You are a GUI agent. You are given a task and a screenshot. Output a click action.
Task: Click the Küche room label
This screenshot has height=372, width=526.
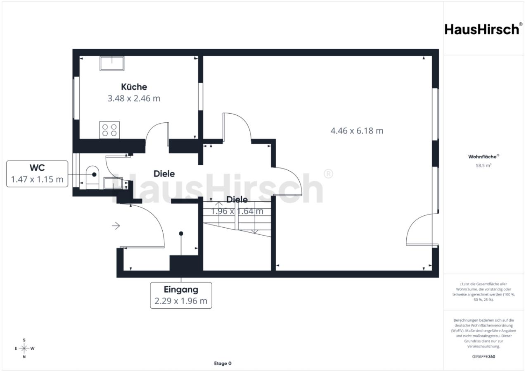(134, 87)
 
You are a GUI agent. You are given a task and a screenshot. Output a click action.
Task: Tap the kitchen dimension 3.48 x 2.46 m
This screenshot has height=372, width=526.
(134, 98)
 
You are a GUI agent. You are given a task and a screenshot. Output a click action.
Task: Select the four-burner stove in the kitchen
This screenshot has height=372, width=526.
(109, 130)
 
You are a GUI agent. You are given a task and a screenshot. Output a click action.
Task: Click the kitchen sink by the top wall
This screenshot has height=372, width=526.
(112, 64)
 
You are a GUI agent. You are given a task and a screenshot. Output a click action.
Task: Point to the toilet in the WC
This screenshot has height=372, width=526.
(92, 177)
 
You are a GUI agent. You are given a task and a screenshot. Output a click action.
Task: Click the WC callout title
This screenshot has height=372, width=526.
(37, 168)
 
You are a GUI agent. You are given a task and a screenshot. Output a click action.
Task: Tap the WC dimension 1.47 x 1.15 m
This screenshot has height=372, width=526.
(37, 179)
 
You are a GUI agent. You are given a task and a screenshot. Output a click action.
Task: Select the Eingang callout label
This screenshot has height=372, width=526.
(181, 289)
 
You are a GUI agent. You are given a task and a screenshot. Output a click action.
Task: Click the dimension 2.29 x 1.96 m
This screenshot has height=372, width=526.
(181, 301)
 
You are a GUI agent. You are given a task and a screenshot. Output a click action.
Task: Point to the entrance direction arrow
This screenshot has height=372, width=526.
(116, 226)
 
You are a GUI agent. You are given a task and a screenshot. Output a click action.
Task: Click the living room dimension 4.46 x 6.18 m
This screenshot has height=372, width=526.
(357, 131)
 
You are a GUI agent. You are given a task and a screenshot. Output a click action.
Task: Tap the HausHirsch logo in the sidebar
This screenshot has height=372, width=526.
(483, 29)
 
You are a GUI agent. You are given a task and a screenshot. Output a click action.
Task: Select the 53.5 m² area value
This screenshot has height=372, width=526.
(483, 166)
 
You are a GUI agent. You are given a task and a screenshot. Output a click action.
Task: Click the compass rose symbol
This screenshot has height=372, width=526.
(24, 348)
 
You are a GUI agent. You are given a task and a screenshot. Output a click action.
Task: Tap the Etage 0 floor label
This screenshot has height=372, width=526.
(223, 363)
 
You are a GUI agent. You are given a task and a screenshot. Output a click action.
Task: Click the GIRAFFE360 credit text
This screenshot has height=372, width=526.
(483, 356)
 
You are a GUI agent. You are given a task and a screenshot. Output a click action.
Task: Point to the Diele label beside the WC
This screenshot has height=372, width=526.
(164, 174)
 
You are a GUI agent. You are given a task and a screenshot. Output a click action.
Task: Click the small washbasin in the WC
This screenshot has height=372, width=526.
(113, 183)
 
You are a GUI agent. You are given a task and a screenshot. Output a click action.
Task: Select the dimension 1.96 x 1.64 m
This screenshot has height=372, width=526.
(237, 211)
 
